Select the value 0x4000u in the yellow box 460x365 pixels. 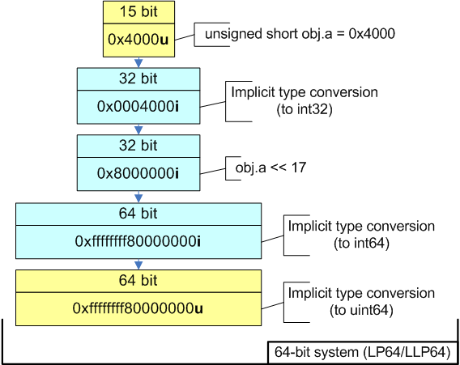click(138, 39)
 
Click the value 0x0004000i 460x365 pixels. click(138, 107)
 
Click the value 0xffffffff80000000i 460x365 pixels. click(138, 241)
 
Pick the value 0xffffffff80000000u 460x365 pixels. click(138, 308)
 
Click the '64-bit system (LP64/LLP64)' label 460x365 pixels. click(363, 353)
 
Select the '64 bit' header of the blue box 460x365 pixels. click(138, 214)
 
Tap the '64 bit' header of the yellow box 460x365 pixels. click(138, 281)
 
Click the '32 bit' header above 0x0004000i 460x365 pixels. click(138, 79)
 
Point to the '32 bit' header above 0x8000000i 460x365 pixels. click(138, 146)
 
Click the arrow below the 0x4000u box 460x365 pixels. click(138, 62)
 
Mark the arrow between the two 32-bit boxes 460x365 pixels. click(138, 129)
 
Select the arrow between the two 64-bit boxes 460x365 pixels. click(138, 264)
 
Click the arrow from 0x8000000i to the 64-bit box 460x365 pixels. click(138, 197)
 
